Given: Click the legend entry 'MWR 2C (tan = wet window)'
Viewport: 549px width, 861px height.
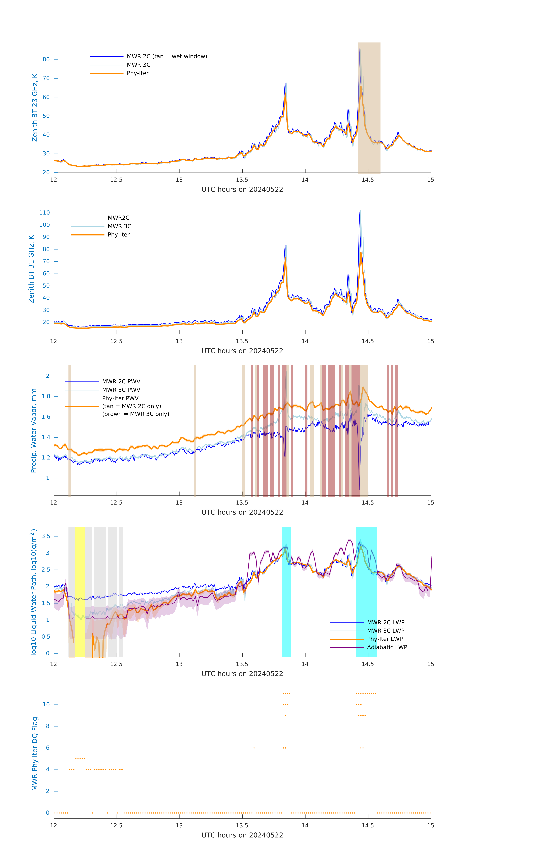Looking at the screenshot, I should click(x=167, y=57).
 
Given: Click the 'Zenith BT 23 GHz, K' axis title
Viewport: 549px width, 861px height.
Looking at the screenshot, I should click(x=35, y=108).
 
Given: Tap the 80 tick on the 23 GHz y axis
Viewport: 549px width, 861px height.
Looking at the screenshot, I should click(x=46, y=60).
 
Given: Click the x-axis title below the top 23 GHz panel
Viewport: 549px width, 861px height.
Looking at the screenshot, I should click(x=242, y=190).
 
